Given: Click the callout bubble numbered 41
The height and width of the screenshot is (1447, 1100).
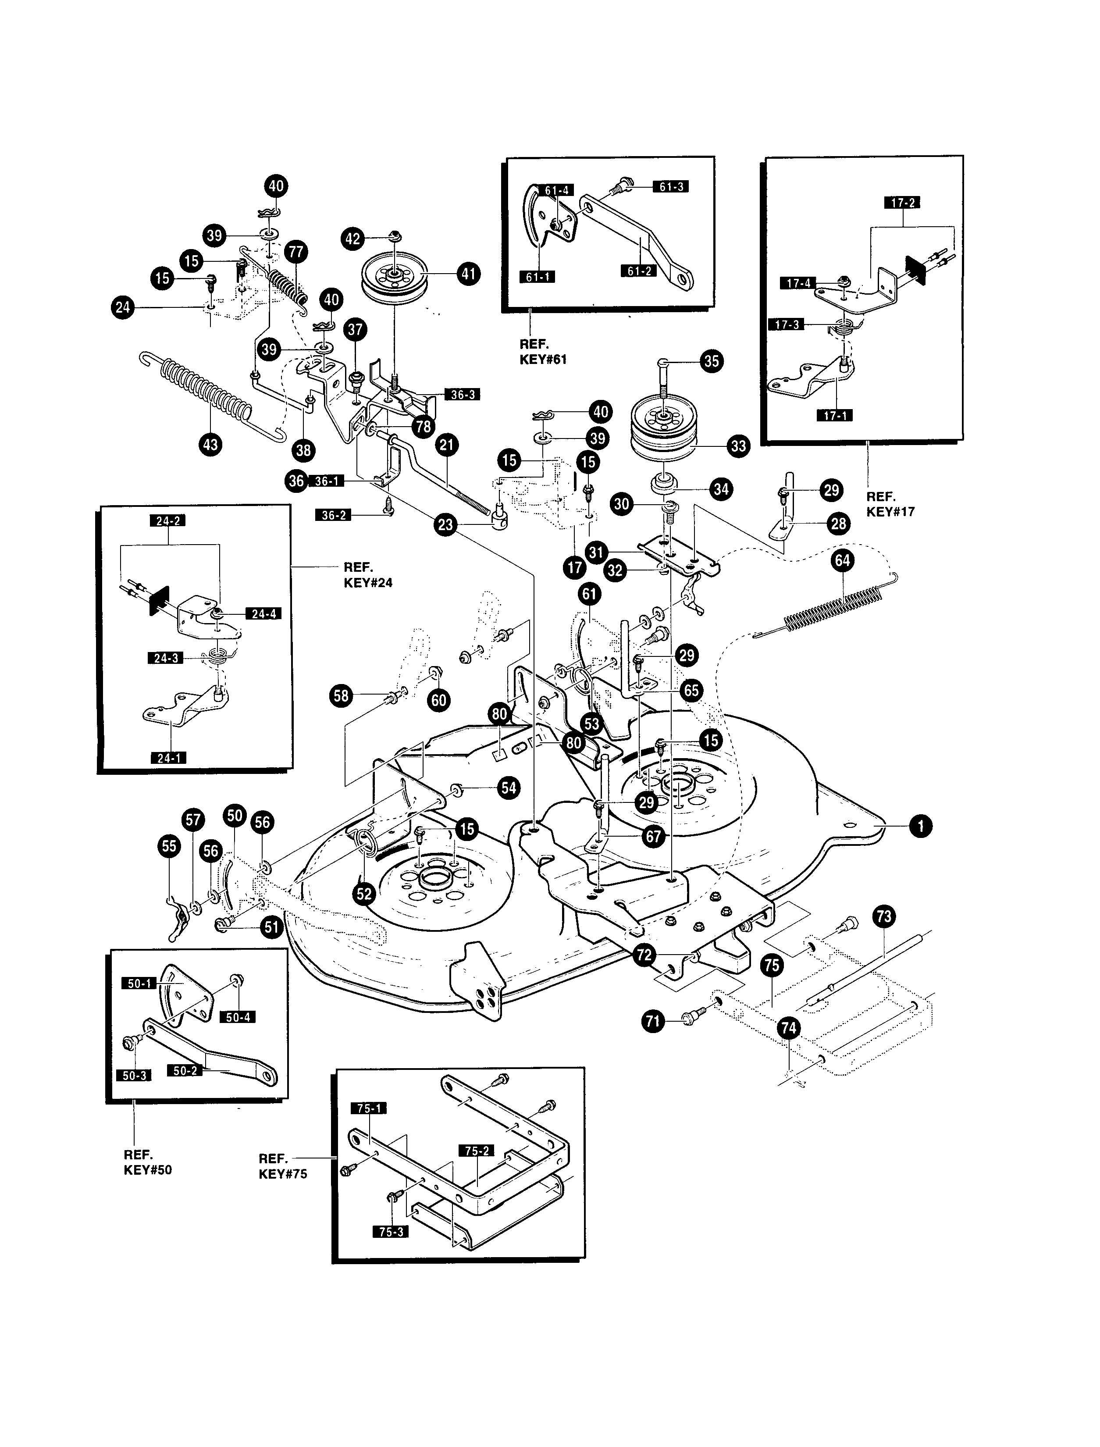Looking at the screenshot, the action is (467, 273).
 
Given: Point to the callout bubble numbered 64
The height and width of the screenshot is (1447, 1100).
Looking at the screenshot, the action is (842, 560).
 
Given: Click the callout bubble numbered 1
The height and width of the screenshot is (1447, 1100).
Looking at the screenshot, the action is (921, 826).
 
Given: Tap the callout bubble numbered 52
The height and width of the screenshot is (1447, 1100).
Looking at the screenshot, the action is (363, 894).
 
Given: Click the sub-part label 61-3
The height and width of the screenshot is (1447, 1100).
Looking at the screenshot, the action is (670, 187).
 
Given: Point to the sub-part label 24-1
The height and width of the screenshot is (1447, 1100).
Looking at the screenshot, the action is (168, 758).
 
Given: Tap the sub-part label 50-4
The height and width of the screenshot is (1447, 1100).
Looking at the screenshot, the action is (238, 1017).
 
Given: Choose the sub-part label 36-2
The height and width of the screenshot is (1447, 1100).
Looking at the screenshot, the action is (334, 515).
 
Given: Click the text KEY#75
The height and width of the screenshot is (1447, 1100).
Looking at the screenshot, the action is (283, 1174).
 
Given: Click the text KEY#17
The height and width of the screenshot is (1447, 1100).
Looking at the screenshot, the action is (890, 511).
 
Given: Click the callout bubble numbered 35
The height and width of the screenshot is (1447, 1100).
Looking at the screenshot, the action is (711, 361).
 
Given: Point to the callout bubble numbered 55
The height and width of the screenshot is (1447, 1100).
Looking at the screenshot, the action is (169, 847).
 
